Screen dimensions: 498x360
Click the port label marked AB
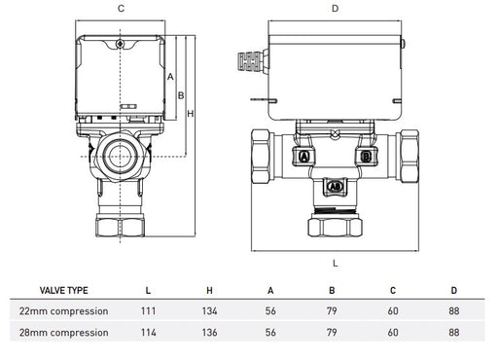coord(335,187)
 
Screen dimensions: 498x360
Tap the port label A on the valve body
coord(304,157)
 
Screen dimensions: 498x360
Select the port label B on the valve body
coord(366,157)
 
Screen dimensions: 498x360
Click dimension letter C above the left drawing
coord(121,9)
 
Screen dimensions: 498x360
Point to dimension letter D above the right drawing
coord(335,9)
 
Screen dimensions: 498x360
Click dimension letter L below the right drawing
coord(336,263)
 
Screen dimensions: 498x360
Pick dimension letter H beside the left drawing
coord(191,114)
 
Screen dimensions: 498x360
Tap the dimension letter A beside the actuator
coord(170,77)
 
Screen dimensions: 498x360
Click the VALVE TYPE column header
coord(63,290)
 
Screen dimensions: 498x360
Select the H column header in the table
coord(210,290)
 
